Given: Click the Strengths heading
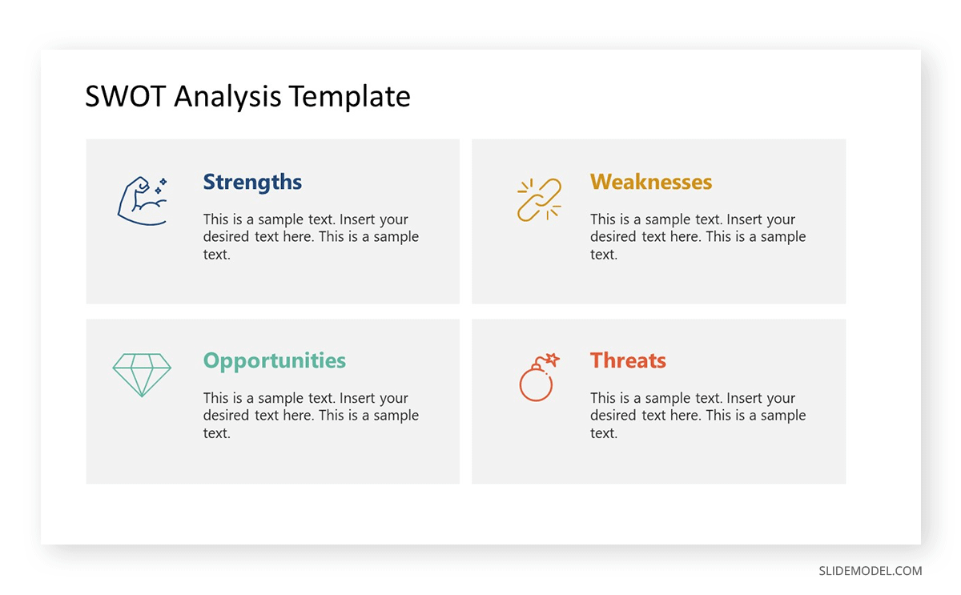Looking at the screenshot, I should (x=252, y=183).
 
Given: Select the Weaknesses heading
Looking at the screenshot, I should (x=650, y=183).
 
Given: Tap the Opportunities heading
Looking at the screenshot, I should (x=274, y=361).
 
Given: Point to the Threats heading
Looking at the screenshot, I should (x=628, y=361).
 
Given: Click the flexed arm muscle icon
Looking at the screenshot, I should (x=142, y=200).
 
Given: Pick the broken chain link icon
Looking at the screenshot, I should (x=539, y=199).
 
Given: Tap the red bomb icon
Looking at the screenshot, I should (x=538, y=377).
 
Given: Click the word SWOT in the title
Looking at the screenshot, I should (x=126, y=97).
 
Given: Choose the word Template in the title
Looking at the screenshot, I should (x=349, y=97).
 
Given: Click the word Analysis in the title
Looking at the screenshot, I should (x=227, y=97).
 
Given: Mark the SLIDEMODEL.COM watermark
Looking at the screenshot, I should (x=870, y=571).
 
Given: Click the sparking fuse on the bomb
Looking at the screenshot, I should (x=551, y=360).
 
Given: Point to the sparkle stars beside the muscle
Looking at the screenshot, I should (x=161, y=186).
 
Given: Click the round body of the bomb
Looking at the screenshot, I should (x=536, y=384).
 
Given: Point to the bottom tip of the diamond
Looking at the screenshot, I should (x=142, y=396).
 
